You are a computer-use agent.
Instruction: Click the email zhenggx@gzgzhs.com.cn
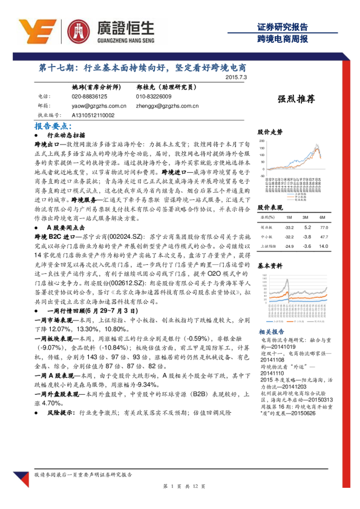(x=168, y=105)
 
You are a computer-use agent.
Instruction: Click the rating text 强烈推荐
(x=296, y=100)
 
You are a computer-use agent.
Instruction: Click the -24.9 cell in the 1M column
(x=289, y=245)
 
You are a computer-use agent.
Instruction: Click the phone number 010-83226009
(x=154, y=97)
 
